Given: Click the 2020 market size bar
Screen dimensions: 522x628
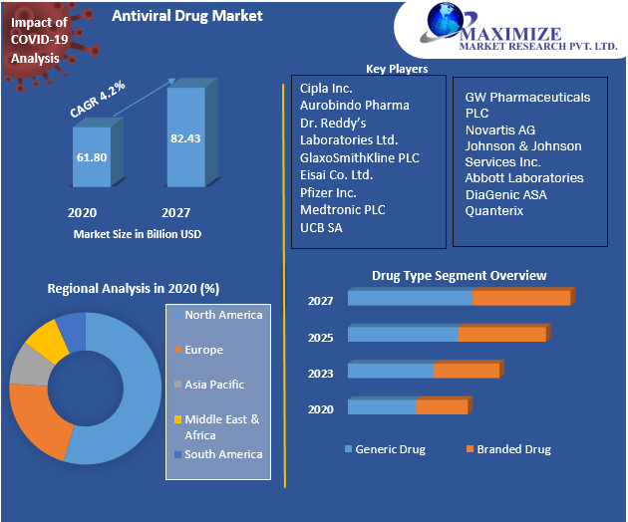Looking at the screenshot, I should (91, 156).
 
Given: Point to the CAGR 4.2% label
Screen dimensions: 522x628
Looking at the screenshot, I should (98, 101).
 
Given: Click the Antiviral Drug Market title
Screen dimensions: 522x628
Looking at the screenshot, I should (187, 16).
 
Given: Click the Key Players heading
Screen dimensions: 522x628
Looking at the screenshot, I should (397, 69).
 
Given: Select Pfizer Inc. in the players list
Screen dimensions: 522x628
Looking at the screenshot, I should (328, 192).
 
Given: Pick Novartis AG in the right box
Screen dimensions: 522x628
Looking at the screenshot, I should (499, 130).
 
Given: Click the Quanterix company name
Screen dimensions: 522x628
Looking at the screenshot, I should (493, 211).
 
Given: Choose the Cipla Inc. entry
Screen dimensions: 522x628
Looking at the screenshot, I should (327, 88).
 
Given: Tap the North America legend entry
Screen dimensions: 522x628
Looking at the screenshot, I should (223, 315).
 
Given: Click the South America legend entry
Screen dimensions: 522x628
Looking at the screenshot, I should (223, 454).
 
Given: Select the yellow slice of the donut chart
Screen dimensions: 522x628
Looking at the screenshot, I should (45, 339).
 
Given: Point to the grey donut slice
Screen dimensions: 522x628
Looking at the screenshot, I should (27, 366).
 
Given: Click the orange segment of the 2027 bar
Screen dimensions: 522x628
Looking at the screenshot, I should (521, 298).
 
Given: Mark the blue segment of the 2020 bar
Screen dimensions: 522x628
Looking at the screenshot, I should (382, 406).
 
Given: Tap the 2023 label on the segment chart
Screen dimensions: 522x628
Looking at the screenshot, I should (320, 375).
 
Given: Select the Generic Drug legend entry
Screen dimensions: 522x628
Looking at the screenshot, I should (390, 449).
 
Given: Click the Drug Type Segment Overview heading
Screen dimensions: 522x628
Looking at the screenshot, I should (459, 275).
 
